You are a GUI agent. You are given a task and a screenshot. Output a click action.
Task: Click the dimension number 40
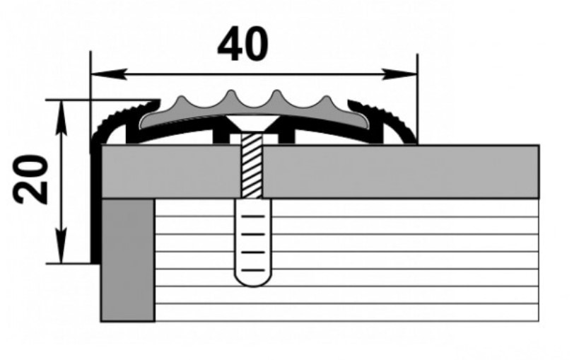(x=242, y=45)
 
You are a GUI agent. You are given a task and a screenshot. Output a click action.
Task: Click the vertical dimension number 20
(x=30, y=180)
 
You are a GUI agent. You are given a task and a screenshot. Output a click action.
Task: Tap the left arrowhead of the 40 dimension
(x=109, y=74)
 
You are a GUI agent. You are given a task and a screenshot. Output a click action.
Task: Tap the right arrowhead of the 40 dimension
(x=399, y=74)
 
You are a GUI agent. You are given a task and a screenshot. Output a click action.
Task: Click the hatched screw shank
(x=252, y=166)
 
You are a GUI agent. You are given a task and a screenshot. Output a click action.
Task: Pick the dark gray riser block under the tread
(x=128, y=260)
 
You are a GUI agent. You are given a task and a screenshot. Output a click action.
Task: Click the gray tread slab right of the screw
(x=400, y=171)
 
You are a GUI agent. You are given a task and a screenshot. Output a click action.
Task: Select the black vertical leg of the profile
(x=95, y=204)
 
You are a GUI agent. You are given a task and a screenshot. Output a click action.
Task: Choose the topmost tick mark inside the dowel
(x=253, y=216)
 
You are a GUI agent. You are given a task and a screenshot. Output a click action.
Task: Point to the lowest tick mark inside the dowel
(x=253, y=271)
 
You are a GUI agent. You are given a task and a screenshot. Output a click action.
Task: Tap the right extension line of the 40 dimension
(x=418, y=99)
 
